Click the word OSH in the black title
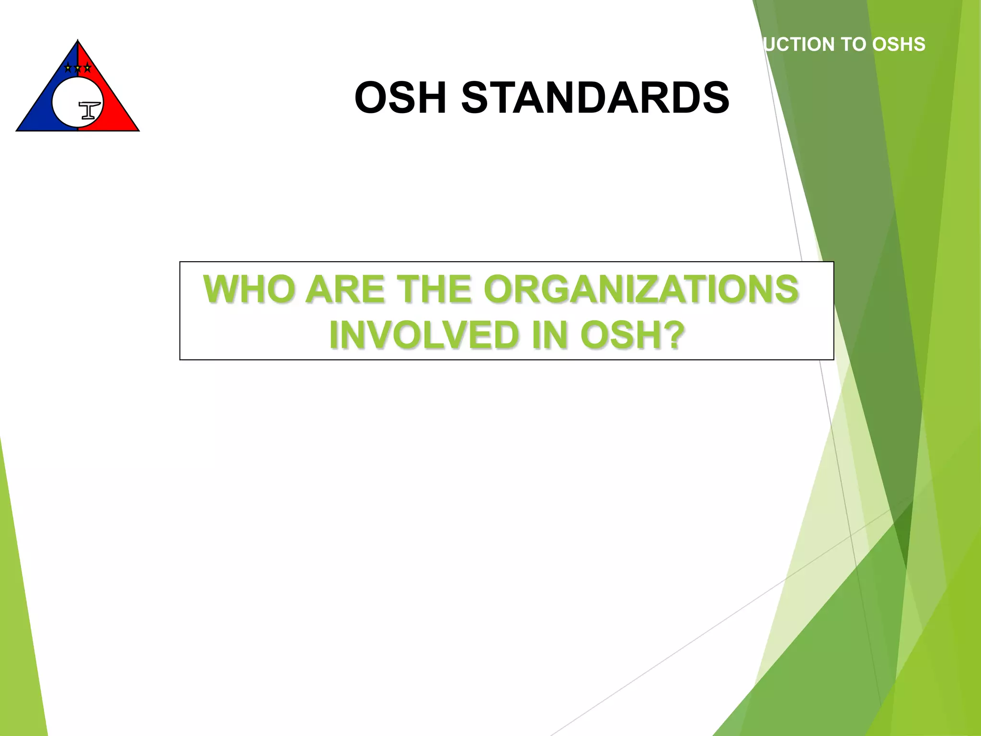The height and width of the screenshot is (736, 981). [400, 98]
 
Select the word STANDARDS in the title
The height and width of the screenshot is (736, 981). [595, 98]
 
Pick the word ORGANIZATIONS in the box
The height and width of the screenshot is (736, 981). [641, 289]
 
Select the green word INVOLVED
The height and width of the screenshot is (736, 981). [423, 335]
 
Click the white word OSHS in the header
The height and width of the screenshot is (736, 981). [899, 45]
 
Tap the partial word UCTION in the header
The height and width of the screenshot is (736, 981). [799, 45]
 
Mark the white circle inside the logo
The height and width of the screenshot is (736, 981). [67, 103]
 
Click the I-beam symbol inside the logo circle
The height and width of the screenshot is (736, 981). [90, 110]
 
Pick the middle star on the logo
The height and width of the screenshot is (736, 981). [78, 68]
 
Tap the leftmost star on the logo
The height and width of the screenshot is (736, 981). [68, 68]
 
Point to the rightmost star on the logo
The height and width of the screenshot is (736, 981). [87, 68]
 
